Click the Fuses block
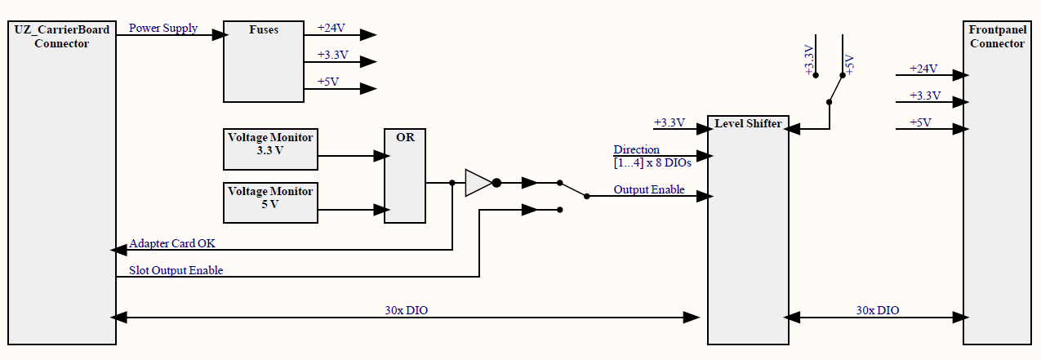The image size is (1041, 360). (x=263, y=61)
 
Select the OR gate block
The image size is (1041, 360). (x=405, y=176)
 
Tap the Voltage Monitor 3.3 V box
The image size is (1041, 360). (x=270, y=144)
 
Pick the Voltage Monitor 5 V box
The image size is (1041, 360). (x=270, y=198)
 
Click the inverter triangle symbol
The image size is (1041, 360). (x=478, y=183)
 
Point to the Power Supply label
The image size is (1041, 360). (x=163, y=29)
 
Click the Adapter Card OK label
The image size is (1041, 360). (x=172, y=243)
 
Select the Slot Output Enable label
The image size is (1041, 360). (x=176, y=270)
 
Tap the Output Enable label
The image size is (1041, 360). (x=649, y=190)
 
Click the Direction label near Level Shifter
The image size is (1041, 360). (x=637, y=150)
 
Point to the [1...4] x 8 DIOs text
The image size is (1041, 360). (x=652, y=162)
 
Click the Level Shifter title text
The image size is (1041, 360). (x=748, y=124)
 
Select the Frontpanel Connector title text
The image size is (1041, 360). (x=997, y=37)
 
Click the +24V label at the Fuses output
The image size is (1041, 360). (x=331, y=28)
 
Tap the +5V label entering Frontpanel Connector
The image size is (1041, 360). (x=921, y=123)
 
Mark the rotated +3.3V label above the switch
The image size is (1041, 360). (x=809, y=61)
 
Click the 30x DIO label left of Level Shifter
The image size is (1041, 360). (x=407, y=310)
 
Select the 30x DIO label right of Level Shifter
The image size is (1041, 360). (x=878, y=310)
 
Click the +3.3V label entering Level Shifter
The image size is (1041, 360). (x=669, y=123)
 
